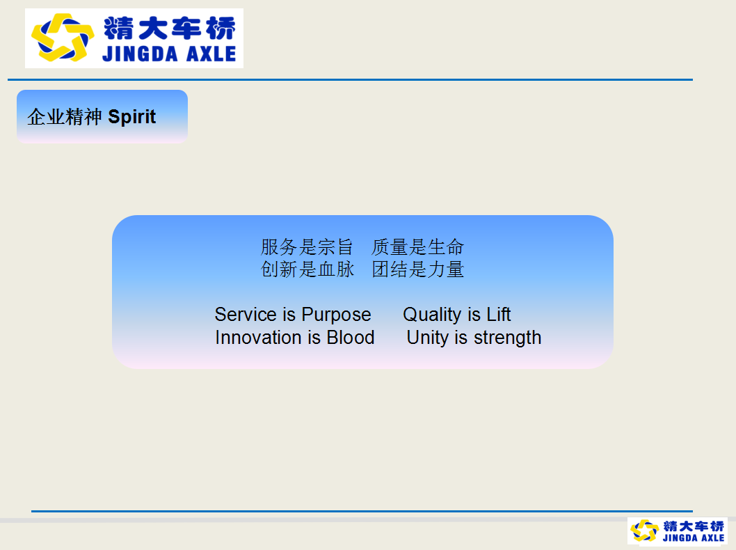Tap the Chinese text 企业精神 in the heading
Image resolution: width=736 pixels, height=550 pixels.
(x=65, y=117)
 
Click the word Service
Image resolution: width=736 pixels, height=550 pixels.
(x=246, y=314)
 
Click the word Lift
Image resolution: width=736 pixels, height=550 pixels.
(x=499, y=314)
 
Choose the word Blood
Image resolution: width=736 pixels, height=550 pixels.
(x=351, y=337)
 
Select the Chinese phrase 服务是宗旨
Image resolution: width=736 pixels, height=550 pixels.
(x=307, y=246)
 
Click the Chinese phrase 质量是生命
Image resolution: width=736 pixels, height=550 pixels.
(x=418, y=246)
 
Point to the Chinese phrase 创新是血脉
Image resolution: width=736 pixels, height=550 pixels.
(x=307, y=269)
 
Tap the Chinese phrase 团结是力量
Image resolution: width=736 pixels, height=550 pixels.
(x=418, y=269)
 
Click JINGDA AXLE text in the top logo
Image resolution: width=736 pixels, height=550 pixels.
(x=169, y=54)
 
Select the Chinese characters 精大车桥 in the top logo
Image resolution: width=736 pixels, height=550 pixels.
(x=170, y=28)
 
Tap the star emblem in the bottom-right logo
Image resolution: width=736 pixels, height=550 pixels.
(x=644, y=531)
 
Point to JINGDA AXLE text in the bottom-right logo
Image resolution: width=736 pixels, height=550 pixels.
(x=694, y=537)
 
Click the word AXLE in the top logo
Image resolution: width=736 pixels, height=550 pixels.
(x=211, y=54)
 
